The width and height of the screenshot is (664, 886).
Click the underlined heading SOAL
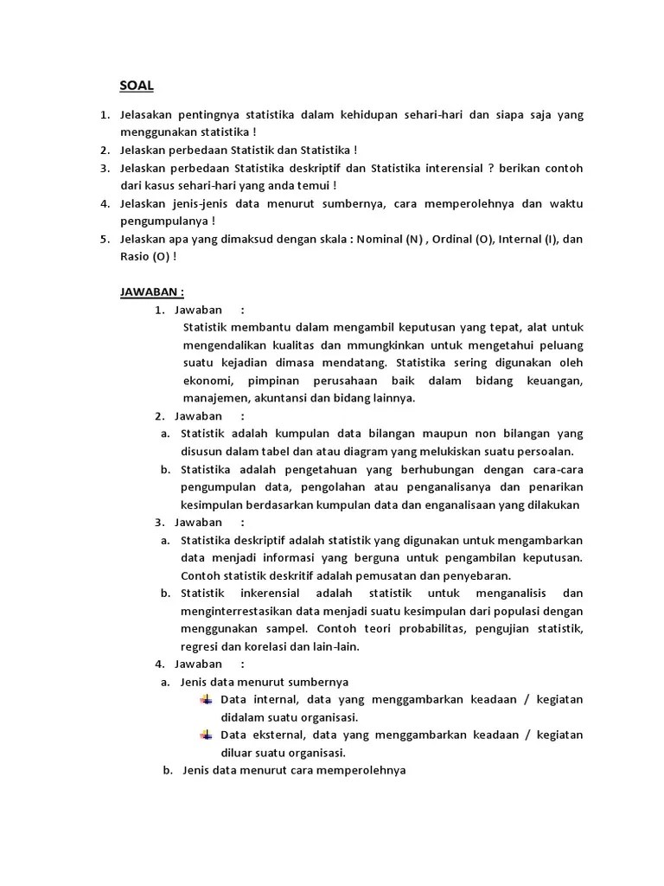tap(136, 87)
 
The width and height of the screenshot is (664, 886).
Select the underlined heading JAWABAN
tap(151, 292)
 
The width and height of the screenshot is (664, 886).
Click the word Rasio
tap(135, 256)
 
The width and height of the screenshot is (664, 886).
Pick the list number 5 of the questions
tap(104, 240)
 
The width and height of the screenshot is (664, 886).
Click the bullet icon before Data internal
tap(206, 700)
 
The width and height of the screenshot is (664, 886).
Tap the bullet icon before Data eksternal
tap(206, 735)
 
